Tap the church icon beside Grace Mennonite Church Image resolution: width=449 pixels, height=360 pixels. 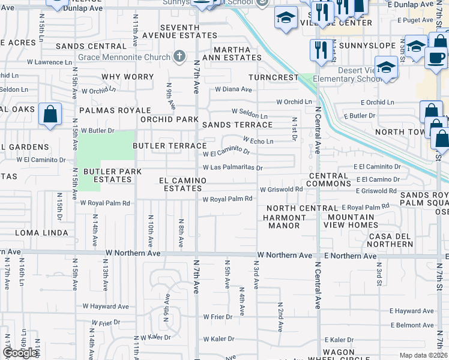point(178,58)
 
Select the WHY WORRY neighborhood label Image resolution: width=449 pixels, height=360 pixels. point(127,77)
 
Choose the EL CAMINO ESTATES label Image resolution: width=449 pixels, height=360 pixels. point(182,184)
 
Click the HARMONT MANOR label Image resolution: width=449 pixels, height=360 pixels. point(283,221)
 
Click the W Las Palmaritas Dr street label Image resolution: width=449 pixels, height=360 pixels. point(232,168)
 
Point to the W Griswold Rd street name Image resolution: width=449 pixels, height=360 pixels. point(281,190)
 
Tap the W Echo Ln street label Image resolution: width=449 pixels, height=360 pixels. point(258,142)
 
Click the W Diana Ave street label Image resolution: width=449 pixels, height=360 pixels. point(234,89)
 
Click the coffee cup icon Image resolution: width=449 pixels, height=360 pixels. point(436,58)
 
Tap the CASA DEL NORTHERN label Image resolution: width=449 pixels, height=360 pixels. point(391,239)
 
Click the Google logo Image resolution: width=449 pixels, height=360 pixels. point(20,353)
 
